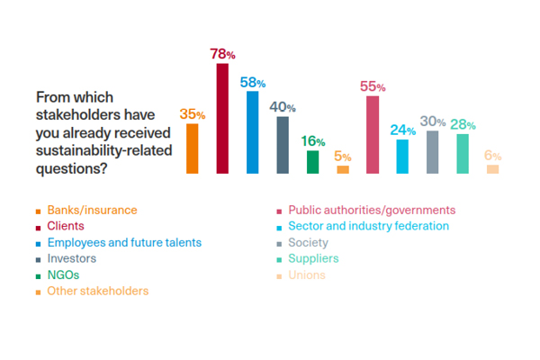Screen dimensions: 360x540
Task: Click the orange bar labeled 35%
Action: (192, 148)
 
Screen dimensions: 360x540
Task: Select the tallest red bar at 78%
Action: (222, 118)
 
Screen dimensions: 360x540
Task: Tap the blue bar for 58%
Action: (252, 132)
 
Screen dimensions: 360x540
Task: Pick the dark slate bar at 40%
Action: (283, 145)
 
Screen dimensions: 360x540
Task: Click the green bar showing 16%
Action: (312, 162)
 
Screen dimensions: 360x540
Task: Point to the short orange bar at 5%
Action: (343, 169)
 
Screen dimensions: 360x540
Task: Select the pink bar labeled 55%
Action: (373, 134)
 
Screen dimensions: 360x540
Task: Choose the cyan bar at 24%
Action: (402, 157)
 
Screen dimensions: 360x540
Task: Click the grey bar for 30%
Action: (433, 152)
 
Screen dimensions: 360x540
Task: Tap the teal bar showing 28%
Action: (463, 153)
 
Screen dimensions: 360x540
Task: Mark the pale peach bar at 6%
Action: (492, 169)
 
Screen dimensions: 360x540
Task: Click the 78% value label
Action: (224, 55)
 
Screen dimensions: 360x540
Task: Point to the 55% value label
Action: (373, 87)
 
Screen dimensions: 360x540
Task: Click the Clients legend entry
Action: (67, 227)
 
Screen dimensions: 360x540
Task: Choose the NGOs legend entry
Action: (64, 274)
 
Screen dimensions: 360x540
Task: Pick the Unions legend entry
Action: (308, 274)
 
